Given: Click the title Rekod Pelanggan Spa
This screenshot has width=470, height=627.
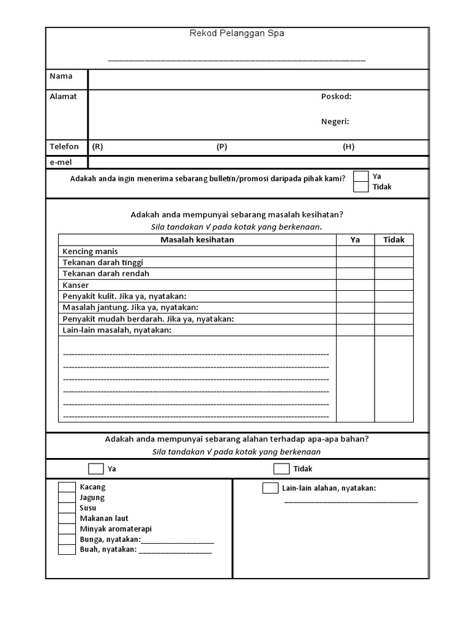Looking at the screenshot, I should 236,34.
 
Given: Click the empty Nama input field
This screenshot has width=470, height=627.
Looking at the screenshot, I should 258,79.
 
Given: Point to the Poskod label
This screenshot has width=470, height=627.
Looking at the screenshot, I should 336,97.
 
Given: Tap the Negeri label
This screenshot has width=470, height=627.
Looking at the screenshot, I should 335,121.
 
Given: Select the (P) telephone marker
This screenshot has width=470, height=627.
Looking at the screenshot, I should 222,147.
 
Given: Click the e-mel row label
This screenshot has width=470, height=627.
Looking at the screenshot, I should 61,162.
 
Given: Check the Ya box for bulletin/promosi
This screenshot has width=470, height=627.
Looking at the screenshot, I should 361,176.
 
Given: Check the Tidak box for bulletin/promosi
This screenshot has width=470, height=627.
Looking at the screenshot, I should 361,187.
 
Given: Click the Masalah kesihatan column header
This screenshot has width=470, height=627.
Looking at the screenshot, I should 197,239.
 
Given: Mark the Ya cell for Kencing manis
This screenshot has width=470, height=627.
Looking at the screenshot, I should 355,251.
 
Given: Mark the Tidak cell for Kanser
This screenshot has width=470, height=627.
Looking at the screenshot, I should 394,285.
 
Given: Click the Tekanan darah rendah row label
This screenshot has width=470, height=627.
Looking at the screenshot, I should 106,274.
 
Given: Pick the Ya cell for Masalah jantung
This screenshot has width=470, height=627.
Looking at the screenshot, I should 355,307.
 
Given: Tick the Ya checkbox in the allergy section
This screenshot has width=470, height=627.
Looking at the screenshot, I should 96,469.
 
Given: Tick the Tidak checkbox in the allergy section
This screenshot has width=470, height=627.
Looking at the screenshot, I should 282,469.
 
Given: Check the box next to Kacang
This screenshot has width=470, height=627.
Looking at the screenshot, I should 67,487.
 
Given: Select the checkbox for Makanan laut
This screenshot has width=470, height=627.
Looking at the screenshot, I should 67,519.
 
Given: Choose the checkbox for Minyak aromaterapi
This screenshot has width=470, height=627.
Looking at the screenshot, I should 67,529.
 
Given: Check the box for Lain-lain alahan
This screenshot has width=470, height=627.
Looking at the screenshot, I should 270,488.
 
